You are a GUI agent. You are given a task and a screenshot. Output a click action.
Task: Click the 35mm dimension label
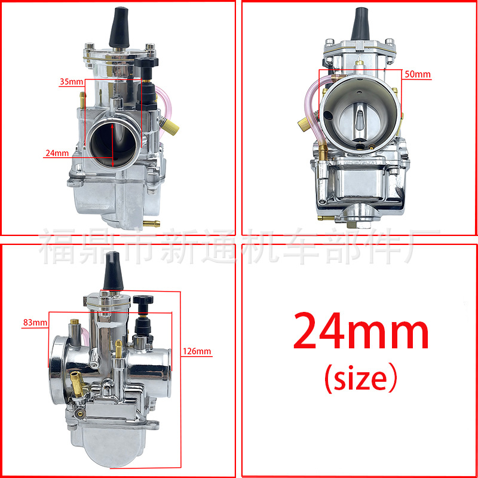71,82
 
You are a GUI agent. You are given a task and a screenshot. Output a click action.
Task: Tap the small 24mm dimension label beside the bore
57,153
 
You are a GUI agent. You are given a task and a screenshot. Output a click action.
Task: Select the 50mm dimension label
417,74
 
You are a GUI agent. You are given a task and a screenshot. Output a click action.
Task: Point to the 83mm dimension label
35,322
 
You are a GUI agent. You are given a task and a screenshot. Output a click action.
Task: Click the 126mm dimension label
197,351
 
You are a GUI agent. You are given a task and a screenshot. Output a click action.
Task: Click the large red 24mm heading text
361,332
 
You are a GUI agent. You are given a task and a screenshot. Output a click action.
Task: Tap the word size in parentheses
360,378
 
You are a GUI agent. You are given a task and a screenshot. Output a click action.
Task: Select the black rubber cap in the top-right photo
360,24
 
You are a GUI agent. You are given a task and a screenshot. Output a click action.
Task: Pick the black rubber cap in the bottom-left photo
113,271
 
